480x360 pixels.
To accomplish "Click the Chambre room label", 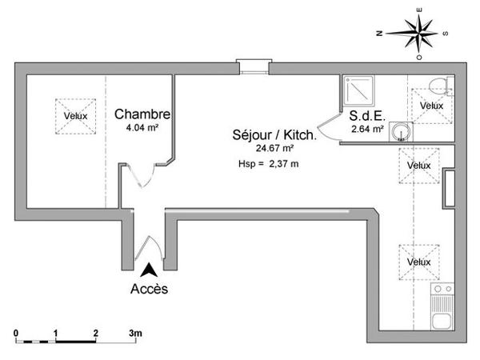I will pyautogui.click(x=141, y=114).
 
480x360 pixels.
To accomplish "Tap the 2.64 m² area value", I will pyautogui.click(x=367, y=128).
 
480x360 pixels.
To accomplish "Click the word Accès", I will pyautogui.click(x=149, y=290).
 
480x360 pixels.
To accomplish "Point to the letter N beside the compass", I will pyautogui.click(x=382, y=34).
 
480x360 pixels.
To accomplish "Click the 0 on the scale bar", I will pyautogui.click(x=16, y=332).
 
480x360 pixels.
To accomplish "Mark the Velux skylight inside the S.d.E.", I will pyautogui.click(x=431, y=106).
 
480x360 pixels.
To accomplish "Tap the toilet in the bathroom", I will pyautogui.click(x=436, y=86).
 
